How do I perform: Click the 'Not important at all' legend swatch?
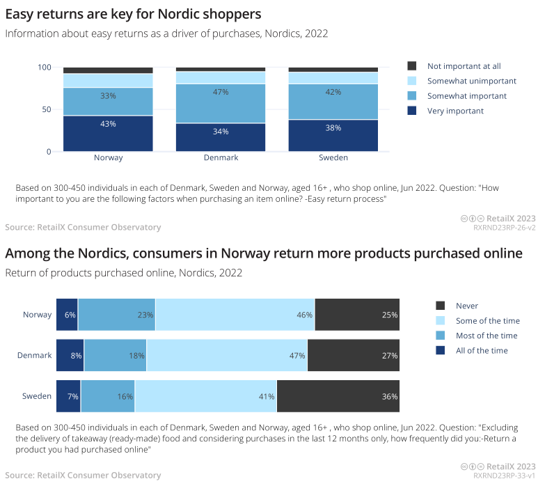click(412, 66)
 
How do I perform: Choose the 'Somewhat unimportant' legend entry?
click(467, 81)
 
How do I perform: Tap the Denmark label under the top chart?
click(221, 157)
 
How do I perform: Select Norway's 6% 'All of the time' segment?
click(67, 315)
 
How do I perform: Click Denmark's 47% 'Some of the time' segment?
click(227, 355)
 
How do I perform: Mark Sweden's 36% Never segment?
click(338, 396)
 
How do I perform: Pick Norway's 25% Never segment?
click(358, 315)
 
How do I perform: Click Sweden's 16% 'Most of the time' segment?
click(108, 396)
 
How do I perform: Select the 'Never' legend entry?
click(466, 306)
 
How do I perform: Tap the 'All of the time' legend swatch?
click(440, 350)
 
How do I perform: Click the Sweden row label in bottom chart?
click(37, 396)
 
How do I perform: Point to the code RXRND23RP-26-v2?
click(505, 227)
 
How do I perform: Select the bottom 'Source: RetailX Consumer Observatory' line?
click(83, 476)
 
